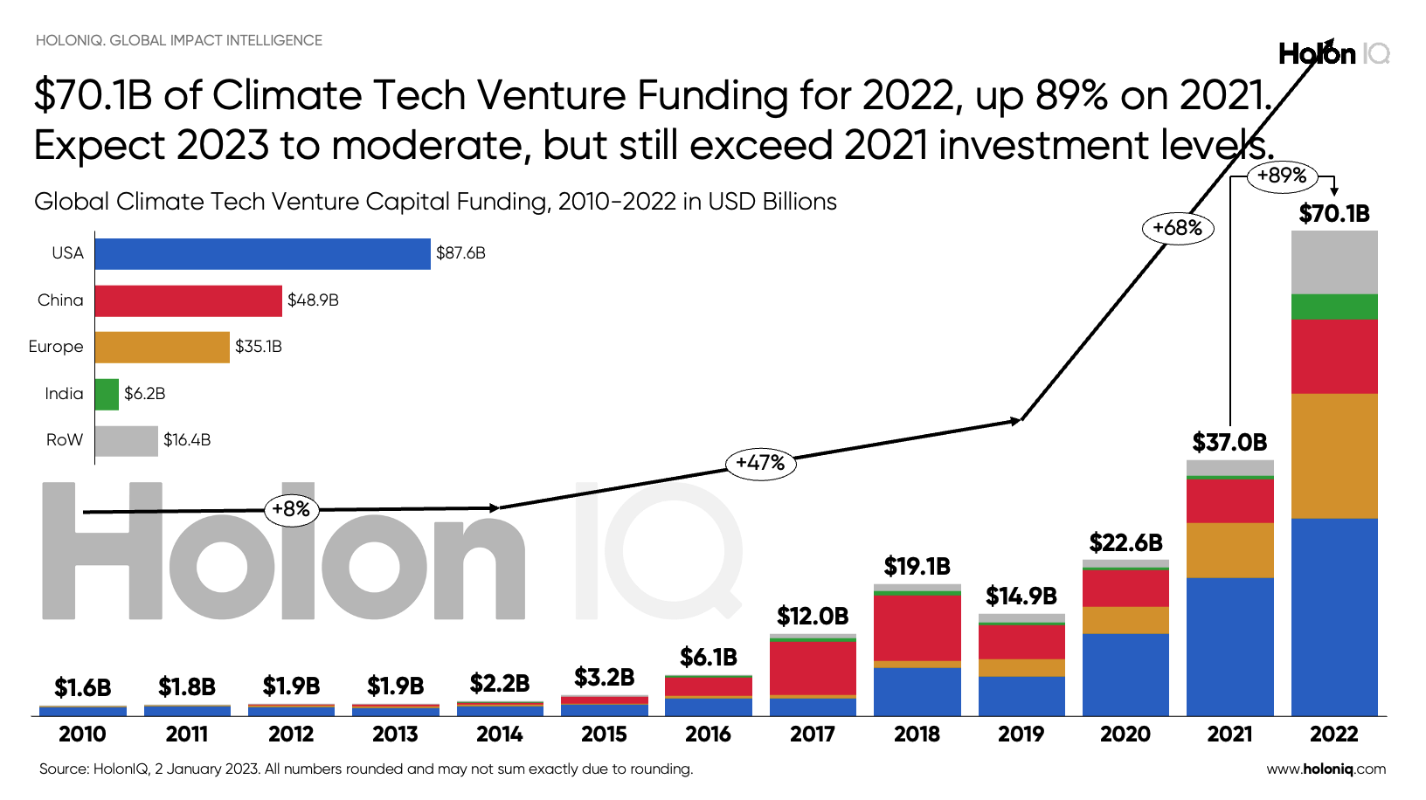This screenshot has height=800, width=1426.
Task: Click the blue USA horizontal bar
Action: click(262, 253)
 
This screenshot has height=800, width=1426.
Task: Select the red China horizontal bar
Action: click(188, 300)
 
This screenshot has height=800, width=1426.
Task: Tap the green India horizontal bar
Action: click(107, 394)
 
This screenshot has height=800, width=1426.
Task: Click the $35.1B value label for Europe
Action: click(259, 347)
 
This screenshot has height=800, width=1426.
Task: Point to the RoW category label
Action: click(65, 440)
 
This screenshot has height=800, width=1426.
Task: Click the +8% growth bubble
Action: click(291, 509)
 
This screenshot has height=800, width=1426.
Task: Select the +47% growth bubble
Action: click(760, 463)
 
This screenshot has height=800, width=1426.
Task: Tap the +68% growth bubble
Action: click(1177, 228)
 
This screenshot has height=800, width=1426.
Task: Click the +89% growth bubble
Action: click(1281, 176)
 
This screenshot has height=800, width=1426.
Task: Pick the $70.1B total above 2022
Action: click(1334, 214)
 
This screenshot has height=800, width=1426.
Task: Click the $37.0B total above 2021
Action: click(1229, 443)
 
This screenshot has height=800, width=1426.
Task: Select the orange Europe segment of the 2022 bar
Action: click(1334, 456)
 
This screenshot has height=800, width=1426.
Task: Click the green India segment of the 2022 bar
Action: click(1334, 307)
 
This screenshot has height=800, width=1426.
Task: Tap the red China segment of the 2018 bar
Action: click(917, 627)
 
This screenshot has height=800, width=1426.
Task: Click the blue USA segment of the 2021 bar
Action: click(1229, 646)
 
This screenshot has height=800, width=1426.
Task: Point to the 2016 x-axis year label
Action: click(708, 734)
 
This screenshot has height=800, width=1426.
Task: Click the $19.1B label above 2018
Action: click(917, 567)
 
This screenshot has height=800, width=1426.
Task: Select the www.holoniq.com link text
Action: click(1326, 769)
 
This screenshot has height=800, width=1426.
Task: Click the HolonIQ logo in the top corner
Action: click(1333, 54)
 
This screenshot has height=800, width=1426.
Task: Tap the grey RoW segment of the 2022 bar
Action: click(1334, 262)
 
